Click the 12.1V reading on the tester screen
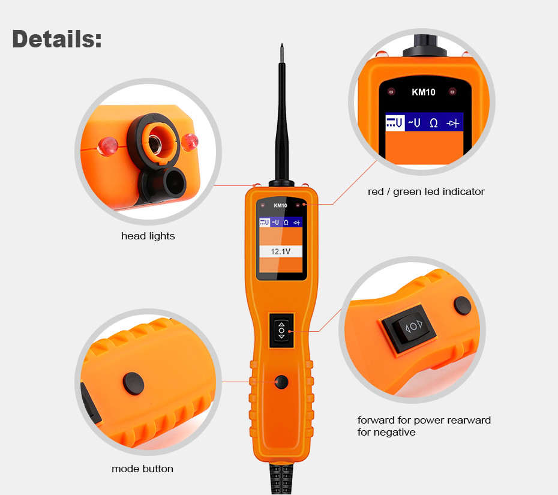pyautogui.click(x=281, y=252)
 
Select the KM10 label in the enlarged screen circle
pyautogui.click(x=423, y=92)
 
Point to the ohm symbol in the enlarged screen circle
pyautogui.click(x=433, y=123)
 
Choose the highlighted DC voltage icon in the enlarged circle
pyautogui.click(x=394, y=123)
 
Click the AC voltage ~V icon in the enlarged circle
pyautogui.click(x=414, y=123)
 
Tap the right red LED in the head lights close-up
pyautogui.click(x=191, y=141)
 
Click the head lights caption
pyautogui.click(x=148, y=236)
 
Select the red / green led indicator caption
pyautogui.click(x=426, y=192)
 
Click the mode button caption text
pyautogui.click(x=142, y=469)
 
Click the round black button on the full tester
pyautogui.click(x=280, y=382)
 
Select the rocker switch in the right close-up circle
pyautogui.click(x=414, y=327)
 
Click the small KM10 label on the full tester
pyautogui.click(x=280, y=206)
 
